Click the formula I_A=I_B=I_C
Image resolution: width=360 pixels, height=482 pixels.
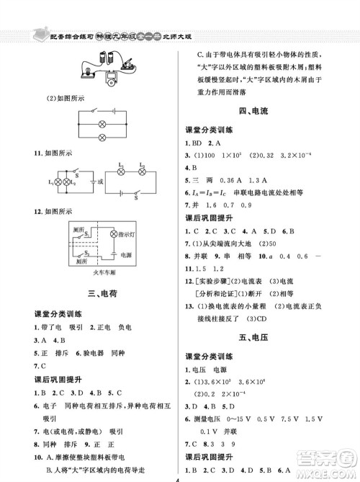(208, 193)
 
